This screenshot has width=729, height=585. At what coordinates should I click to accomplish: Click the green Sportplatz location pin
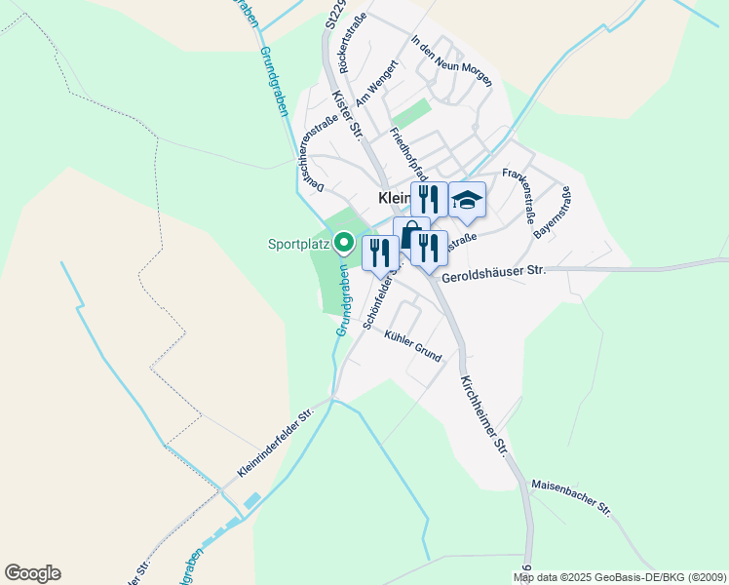[343, 242]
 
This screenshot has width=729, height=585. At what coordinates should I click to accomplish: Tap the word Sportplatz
[298, 244]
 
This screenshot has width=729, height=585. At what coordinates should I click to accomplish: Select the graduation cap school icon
[467, 200]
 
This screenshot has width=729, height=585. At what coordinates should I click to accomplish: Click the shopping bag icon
[411, 235]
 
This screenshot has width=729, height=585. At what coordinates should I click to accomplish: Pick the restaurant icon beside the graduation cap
[429, 200]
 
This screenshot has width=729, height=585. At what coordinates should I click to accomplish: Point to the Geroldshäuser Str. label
[493, 273]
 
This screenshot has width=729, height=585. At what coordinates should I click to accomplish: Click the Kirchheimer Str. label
[485, 416]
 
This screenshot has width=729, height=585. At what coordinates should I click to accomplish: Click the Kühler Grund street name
[413, 346]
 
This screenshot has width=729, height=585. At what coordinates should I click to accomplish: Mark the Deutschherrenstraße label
[319, 151]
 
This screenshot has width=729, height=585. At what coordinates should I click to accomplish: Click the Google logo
[32, 573]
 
